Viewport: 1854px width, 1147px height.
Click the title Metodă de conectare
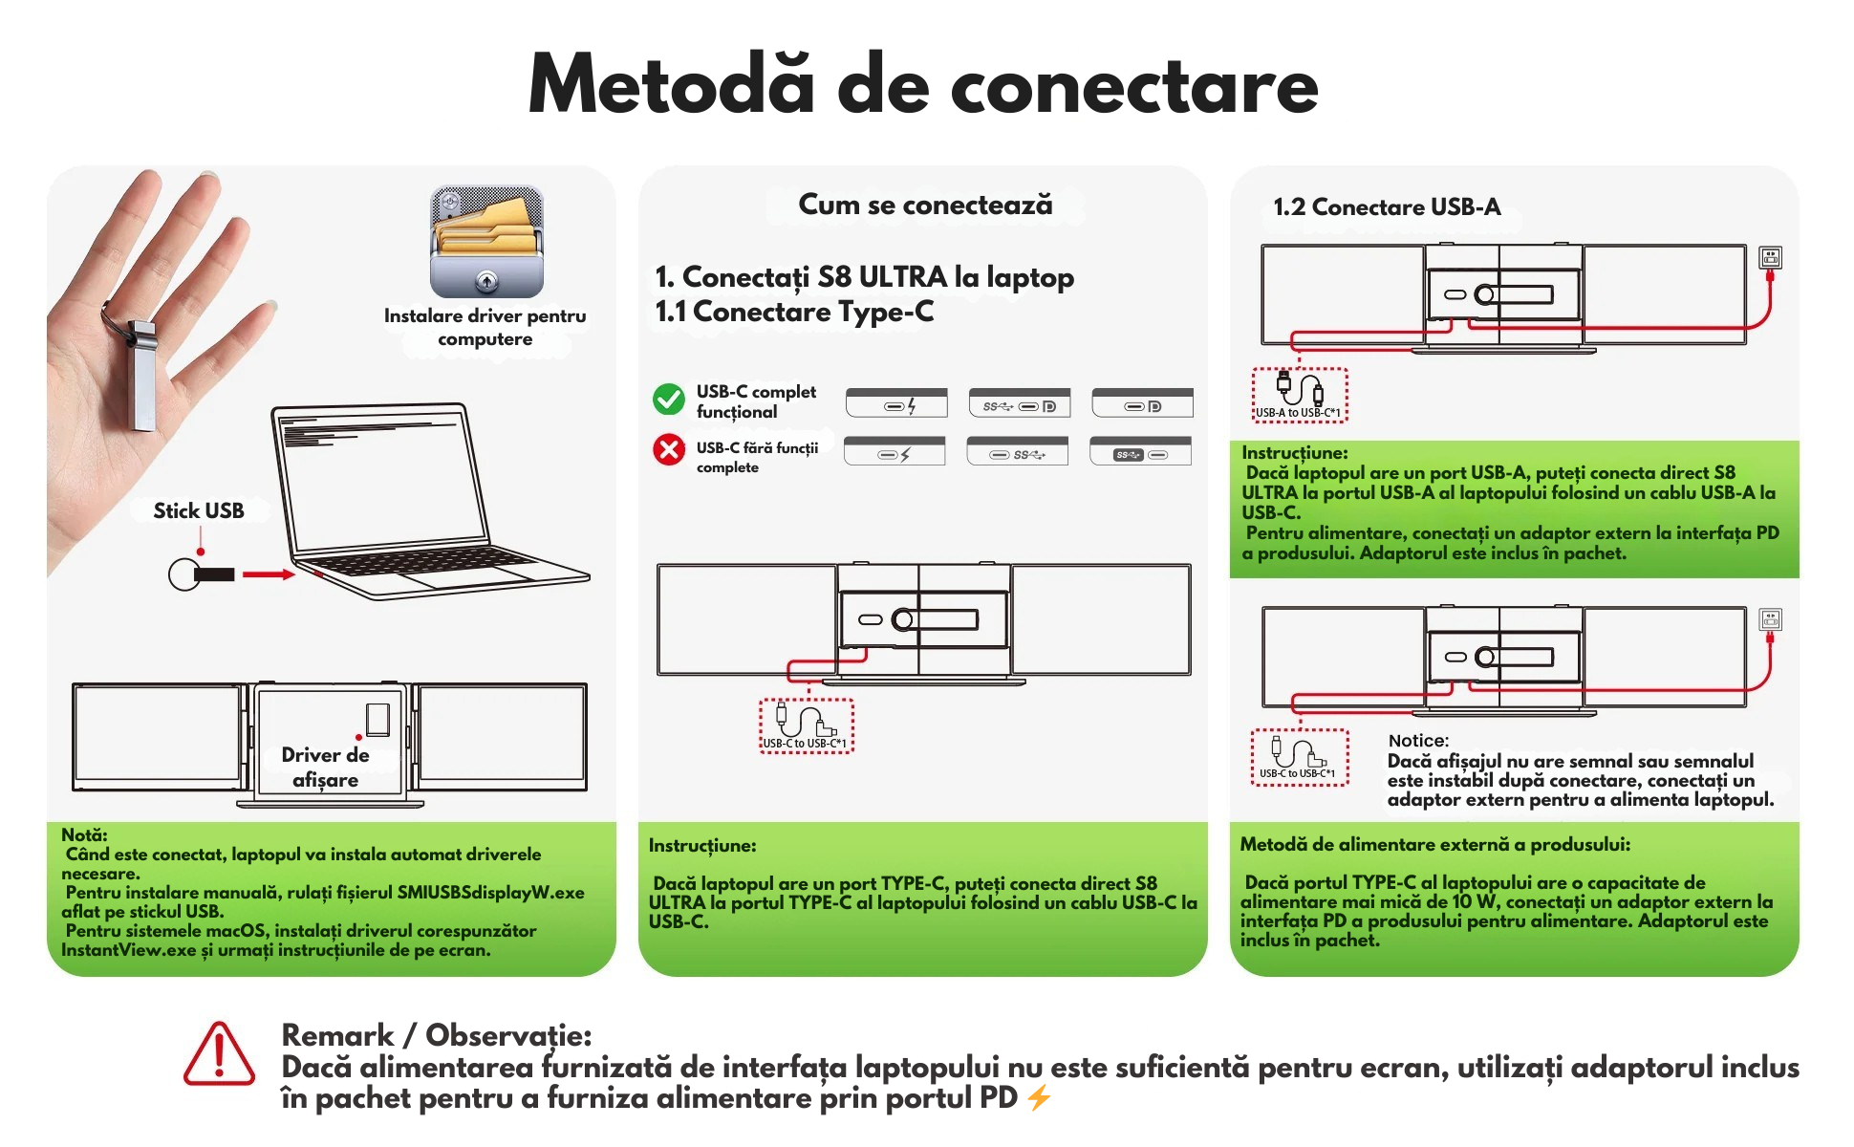tap(923, 86)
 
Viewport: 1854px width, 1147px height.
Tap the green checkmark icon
tap(669, 400)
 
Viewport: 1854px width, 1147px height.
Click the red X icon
tap(669, 449)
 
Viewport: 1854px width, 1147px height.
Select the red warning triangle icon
tap(219, 1054)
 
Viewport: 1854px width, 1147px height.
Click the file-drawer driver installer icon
tap(486, 242)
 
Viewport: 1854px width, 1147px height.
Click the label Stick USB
tap(199, 511)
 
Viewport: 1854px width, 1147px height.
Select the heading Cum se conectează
tap(925, 205)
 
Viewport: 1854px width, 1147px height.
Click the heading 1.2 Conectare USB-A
tap(1387, 207)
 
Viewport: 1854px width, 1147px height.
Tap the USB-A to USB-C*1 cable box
tap(1300, 395)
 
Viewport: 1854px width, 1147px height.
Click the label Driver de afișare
tap(325, 768)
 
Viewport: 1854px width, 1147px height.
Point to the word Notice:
tap(1418, 741)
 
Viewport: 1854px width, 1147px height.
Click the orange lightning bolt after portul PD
tap(1040, 1098)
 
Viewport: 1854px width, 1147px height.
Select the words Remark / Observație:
tap(436, 1035)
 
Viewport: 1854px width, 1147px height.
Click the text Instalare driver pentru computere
tap(485, 327)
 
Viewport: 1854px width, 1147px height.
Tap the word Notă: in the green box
tap(84, 834)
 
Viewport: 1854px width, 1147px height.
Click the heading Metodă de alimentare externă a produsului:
tap(1434, 845)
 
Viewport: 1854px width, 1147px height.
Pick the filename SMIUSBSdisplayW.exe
tap(490, 893)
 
